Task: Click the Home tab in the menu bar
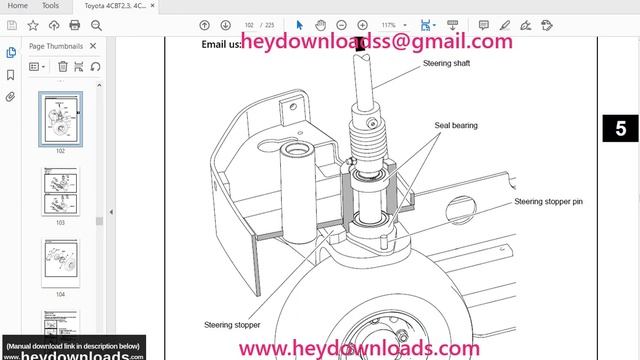point(18,6)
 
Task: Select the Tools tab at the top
point(50,6)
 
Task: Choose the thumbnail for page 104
point(59,262)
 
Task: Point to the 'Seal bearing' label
point(455,126)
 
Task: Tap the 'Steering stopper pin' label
point(547,201)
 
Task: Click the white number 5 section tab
point(620,127)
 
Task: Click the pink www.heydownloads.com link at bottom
point(361,348)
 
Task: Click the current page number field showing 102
point(250,24)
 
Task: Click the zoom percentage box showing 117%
point(389,24)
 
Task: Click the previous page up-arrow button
point(205,24)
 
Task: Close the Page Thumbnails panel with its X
point(94,45)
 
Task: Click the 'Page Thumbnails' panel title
point(55,45)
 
